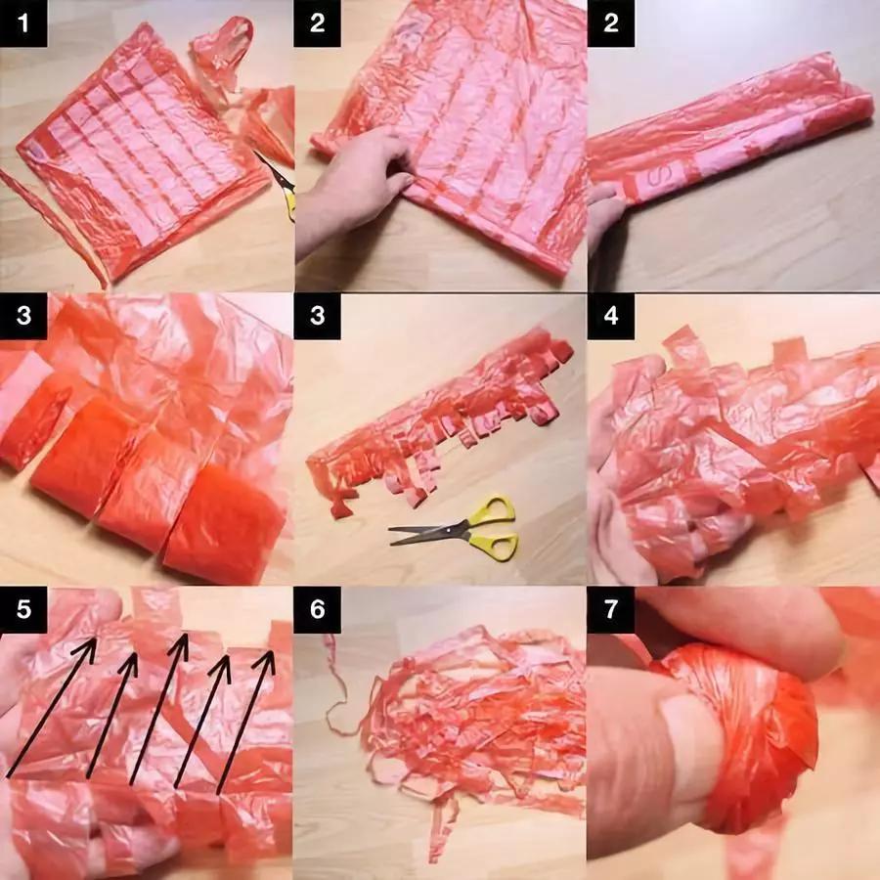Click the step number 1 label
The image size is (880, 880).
pyautogui.click(x=23, y=23)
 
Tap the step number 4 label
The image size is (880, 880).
pyautogui.click(x=610, y=316)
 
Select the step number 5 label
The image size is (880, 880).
pyautogui.click(x=23, y=609)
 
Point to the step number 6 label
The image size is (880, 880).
pyautogui.click(x=317, y=609)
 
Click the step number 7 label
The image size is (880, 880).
pyautogui.click(x=610, y=609)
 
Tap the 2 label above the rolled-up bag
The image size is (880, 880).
pyautogui.click(x=610, y=23)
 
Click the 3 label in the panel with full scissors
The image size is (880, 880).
pyautogui.click(x=317, y=316)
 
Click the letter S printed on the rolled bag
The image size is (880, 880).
pyautogui.click(x=656, y=177)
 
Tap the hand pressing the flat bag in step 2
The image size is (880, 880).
pyautogui.click(x=354, y=185)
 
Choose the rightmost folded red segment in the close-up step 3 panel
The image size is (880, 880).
pyautogui.click(x=225, y=519)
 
